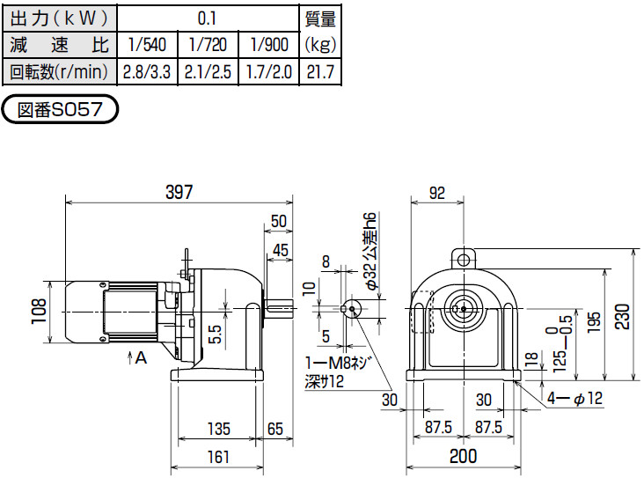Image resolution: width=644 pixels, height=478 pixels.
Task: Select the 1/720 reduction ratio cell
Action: point(208,44)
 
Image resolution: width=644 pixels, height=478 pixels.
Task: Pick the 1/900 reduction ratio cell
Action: point(269,44)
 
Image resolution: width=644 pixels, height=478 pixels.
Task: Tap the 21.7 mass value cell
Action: point(318,72)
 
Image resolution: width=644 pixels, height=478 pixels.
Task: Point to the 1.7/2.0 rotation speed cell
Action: point(269,72)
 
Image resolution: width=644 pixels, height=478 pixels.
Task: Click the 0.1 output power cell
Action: point(208,17)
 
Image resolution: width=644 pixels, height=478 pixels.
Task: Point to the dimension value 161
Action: point(219,456)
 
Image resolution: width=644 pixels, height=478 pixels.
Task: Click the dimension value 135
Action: point(219,430)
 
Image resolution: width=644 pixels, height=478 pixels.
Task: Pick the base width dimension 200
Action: point(463,456)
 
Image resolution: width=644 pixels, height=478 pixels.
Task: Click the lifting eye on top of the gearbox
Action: point(463,258)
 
